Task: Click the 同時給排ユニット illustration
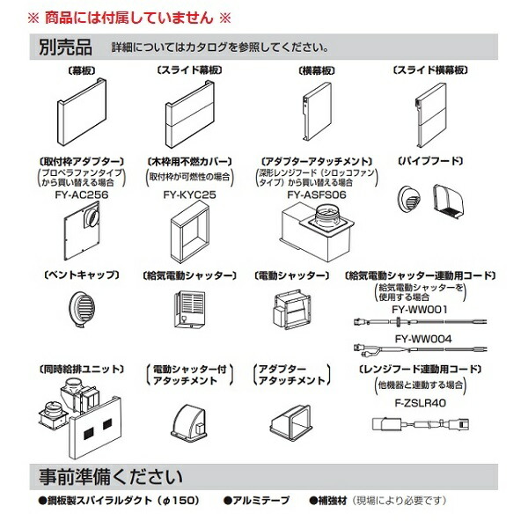[x=78, y=413]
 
